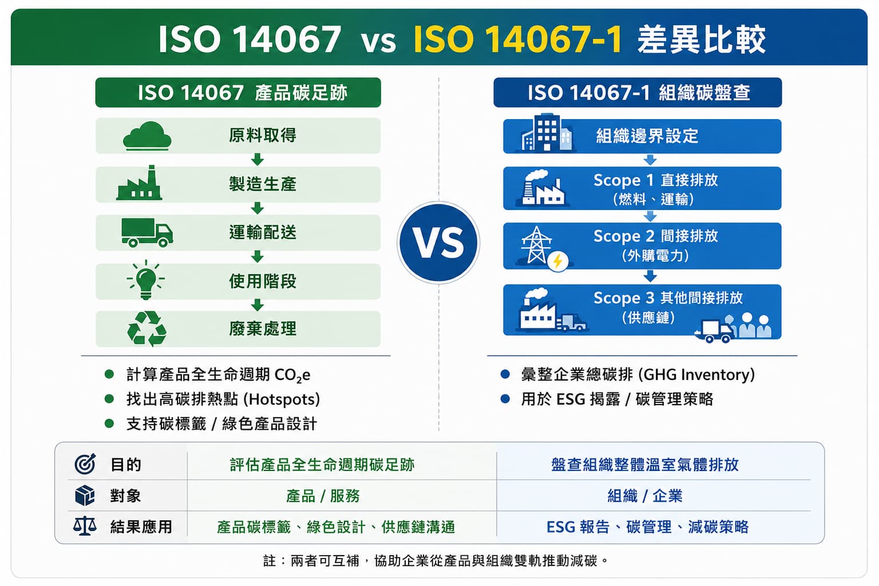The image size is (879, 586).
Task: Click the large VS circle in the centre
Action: click(x=438, y=243)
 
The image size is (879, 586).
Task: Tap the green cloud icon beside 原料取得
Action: click(x=147, y=136)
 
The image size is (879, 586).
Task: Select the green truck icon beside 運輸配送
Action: click(x=147, y=232)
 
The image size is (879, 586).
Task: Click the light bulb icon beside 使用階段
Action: click(x=145, y=280)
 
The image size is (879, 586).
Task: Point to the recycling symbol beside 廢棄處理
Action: click(x=146, y=329)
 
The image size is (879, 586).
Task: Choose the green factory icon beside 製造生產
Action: click(x=139, y=183)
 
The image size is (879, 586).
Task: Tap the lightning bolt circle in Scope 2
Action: click(x=557, y=260)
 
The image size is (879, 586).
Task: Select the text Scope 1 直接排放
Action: click(x=655, y=180)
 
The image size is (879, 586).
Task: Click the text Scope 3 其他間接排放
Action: click(x=668, y=298)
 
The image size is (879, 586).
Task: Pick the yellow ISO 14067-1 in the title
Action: click(x=518, y=39)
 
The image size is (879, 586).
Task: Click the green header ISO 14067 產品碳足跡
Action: click(x=238, y=93)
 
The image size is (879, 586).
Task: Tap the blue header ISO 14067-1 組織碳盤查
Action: click(x=638, y=93)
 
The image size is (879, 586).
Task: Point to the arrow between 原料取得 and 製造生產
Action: click(x=258, y=159)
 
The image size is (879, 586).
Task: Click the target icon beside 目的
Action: click(x=85, y=464)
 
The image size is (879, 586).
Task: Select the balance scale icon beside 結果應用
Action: click(x=85, y=526)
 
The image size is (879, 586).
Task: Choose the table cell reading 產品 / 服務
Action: click(x=323, y=496)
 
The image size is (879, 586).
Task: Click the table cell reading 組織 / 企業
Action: click(x=645, y=496)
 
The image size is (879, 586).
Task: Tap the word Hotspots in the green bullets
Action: click(x=282, y=399)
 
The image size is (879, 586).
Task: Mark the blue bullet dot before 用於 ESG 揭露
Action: click(x=505, y=399)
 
